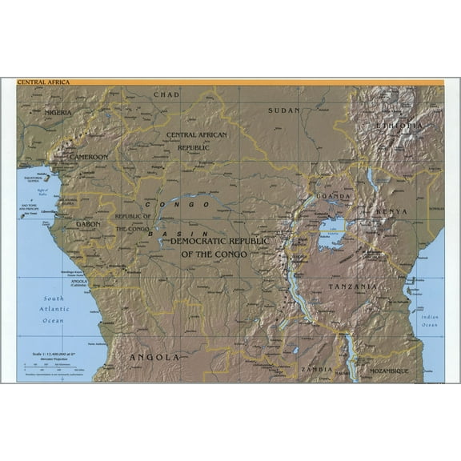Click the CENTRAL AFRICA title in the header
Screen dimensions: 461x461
tap(43, 82)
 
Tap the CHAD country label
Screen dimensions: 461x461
tap(166, 94)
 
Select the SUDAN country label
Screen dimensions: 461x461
tap(284, 110)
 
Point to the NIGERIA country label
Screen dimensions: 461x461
tap(58, 113)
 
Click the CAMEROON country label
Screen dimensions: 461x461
tap(88, 157)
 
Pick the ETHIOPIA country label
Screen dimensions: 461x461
tap(399, 126)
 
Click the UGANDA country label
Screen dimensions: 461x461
tap(333, 196)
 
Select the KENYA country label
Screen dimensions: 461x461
tap(391, 211)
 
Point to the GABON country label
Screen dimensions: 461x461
tap(88, 224)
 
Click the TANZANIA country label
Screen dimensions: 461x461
tap(352, 286)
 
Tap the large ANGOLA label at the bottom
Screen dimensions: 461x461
tap(154, 357)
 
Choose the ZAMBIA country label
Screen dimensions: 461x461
tap(317, 370)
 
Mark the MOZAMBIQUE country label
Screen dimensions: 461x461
tap(383, 371)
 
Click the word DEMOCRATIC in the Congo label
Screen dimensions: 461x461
tap(209, 241)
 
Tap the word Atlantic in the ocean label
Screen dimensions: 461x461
tap(53, 310)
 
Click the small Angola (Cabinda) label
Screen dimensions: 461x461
tap(78, 283)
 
